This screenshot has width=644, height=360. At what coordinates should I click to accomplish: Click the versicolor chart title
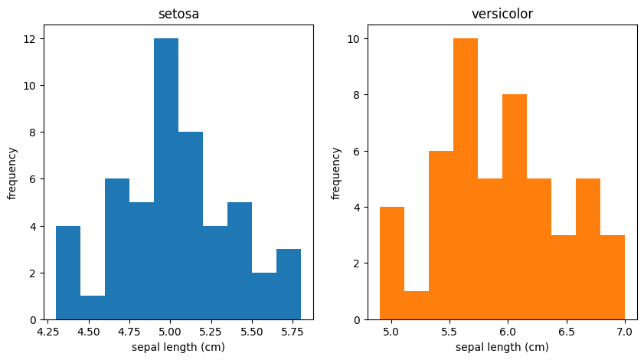coord(502,14)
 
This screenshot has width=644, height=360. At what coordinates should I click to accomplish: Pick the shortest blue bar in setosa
coord(93,308)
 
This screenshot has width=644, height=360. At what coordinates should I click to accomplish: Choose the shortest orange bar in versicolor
coord(417,306)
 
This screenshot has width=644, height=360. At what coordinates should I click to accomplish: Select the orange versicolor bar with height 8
coord(515,207)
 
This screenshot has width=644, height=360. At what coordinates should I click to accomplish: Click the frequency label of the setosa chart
coord(11,172)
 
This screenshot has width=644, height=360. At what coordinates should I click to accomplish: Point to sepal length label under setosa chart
coord(178,347)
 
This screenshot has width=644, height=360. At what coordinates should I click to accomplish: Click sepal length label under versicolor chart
coord(502,347)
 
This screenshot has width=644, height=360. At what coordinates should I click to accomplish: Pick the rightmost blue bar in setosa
coord(289,284)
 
